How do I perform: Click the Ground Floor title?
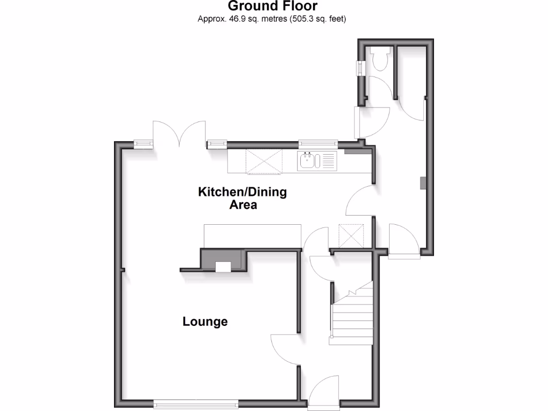pos(272,6)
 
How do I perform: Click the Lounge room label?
pos(205,322)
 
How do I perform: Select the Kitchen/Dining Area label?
pos(242,198)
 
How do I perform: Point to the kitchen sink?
pos(308,160)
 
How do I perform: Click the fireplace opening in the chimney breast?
pos(223,267)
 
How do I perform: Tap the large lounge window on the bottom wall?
pos(195,402)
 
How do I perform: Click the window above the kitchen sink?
pos(318,143)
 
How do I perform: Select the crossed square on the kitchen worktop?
pos(264,162)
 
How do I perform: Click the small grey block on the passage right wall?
pos(422,182)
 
